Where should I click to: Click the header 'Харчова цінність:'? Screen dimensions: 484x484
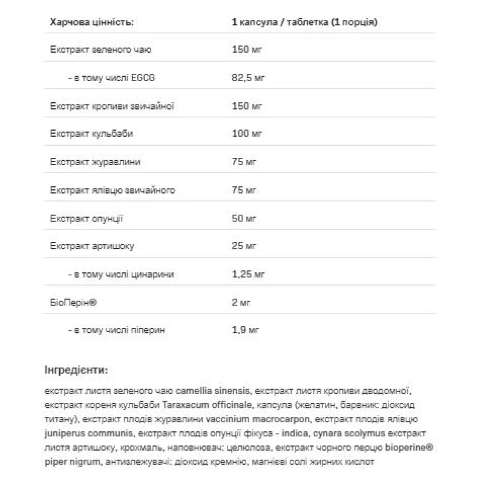click(91, 23)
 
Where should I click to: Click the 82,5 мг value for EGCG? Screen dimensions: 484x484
click(248, 79)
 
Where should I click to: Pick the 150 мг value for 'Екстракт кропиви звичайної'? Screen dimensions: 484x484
click(246, 106)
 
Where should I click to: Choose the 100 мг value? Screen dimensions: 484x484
click(246, 134)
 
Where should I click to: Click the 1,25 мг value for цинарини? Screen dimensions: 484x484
click(248, 274)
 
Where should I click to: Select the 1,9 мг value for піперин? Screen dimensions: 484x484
click(246, 330)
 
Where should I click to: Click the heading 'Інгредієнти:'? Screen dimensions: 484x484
click(76, 369)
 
